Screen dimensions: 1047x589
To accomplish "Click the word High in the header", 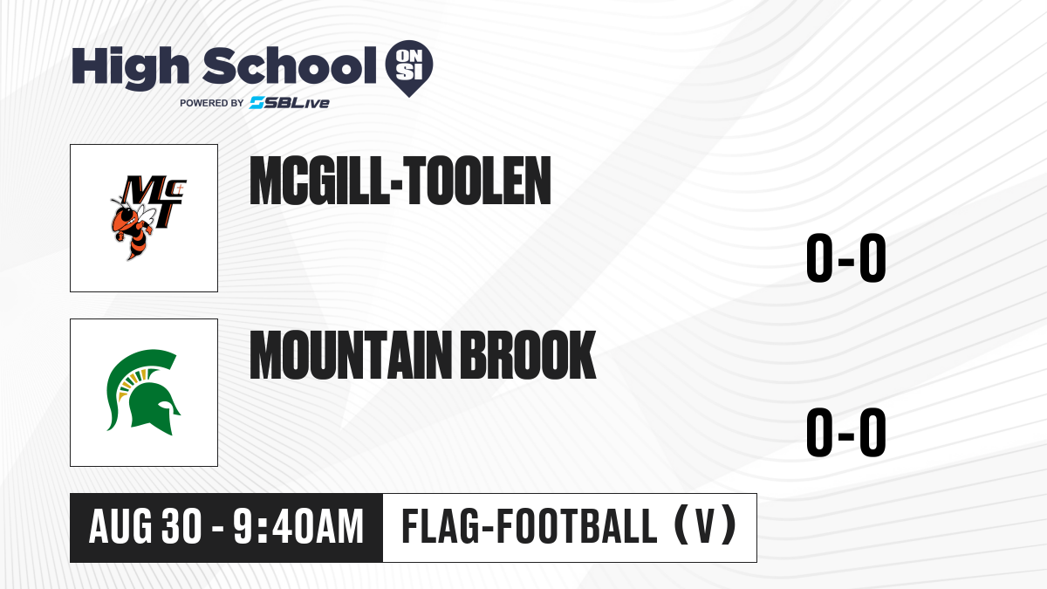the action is click(x=130, y=68).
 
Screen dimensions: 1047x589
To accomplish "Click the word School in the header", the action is click(x=290, y=65).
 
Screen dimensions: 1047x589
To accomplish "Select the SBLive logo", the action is click(x=290, y=103).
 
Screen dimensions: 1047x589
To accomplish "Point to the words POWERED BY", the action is click(x=212, y=103).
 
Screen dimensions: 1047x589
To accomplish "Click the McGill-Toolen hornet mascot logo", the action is click(x=148, y=217).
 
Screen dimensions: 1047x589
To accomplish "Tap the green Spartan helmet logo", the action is click(x=143, y=392).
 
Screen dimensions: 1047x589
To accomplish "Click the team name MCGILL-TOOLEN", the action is click(x=400, y=181).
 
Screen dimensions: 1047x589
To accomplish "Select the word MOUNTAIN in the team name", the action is click(x=351, y=355).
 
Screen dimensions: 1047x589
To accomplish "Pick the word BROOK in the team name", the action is click(x=528, y=355).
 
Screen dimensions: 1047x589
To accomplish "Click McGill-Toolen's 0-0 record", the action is click(x=846, y=257).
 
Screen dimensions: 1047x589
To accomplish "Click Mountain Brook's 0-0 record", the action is click(x=846, y=432).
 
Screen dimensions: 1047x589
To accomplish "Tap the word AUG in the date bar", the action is click(x=120, y=527).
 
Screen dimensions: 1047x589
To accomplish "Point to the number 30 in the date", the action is click(x=181, y=527).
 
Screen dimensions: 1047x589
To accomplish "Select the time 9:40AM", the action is click(x=298, y=527).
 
